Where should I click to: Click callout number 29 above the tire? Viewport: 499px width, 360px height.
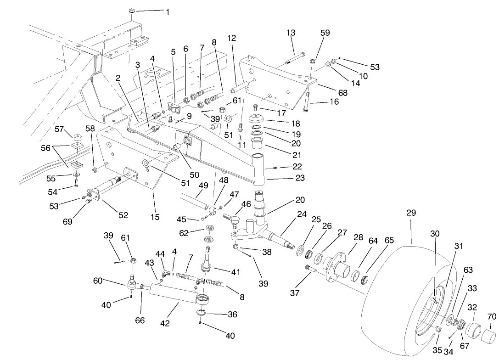pyautogui.click(x=411, y=213)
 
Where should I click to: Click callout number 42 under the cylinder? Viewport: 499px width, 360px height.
pyautogui.click(x=165, y=323)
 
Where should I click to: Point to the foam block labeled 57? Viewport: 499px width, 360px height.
pyautogui.click(x=77, y=137)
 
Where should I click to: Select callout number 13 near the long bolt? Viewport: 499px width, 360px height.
pyautogui.click(x=291, y=33)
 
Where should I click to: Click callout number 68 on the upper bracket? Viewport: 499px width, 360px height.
pyautogui.click(x=342, y=93)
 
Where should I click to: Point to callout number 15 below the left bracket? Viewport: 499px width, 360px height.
pyautogui.click(x=156, y=217)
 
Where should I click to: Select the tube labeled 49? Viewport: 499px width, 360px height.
pyautogui.click(x=196, y=201)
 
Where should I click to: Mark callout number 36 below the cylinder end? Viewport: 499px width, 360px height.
pyautogui.click(x=233, y=315)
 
